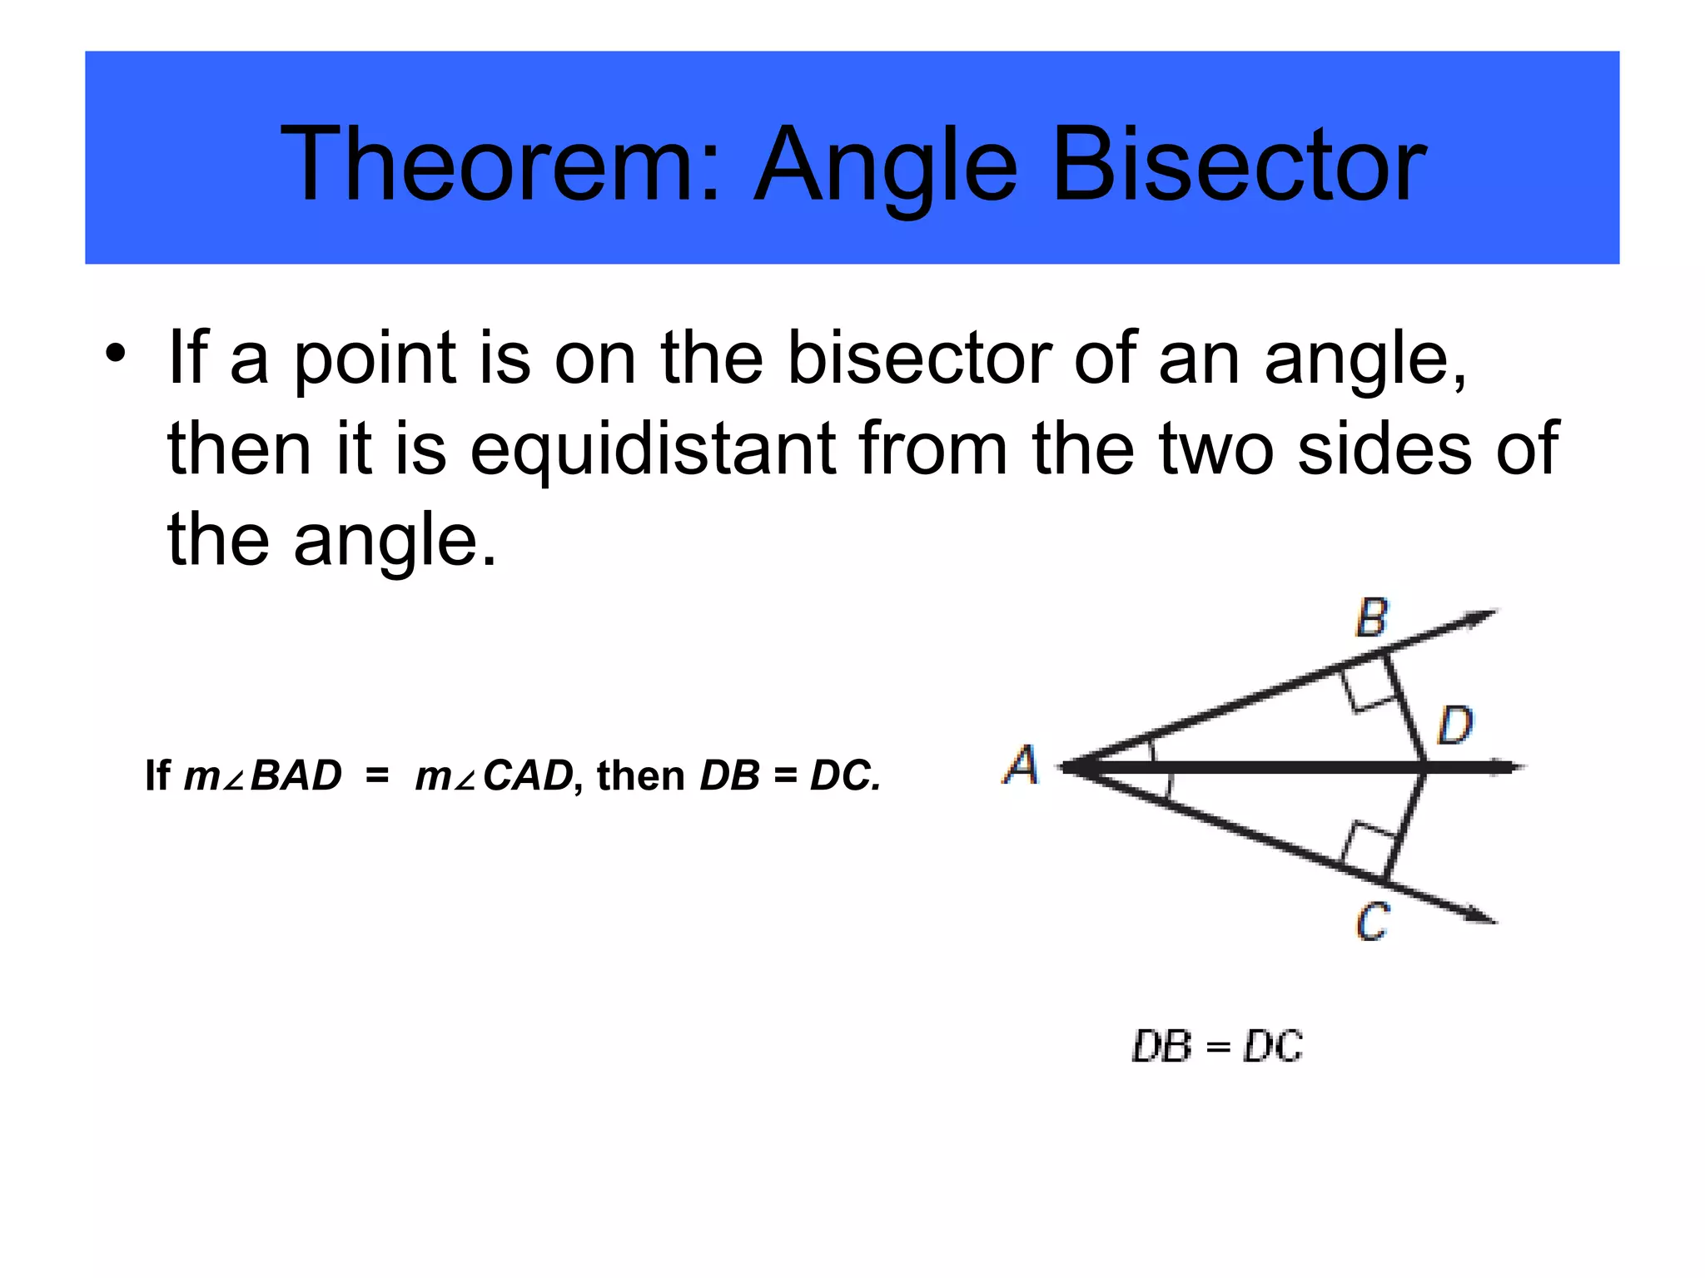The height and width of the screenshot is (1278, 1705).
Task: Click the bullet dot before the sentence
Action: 116,353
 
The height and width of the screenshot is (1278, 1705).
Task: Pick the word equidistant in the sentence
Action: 653,450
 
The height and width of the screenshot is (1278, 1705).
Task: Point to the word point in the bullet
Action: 375,360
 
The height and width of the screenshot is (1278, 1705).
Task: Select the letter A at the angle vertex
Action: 1021,765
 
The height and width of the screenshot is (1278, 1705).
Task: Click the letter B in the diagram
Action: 1372,618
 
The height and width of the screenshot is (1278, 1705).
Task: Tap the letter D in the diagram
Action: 1455,726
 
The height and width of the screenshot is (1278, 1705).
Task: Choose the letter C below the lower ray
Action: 1372,922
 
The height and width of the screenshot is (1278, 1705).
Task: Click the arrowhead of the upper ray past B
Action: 1482,617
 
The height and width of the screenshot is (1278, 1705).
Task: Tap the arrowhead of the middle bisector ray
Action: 1511,767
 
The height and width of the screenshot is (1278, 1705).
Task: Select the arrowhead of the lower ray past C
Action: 1482,916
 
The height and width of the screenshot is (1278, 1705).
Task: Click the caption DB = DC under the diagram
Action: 1217,1046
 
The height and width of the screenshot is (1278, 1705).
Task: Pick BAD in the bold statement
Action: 296,775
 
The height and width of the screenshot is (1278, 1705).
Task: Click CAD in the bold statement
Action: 528,775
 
